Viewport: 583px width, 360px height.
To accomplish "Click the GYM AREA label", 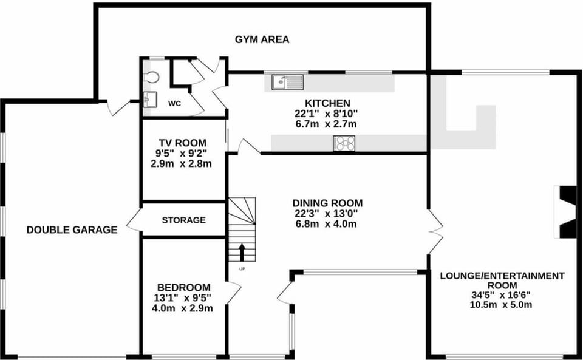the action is [x=262, y=39].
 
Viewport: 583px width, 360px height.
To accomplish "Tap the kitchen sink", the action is [x=287, y=82].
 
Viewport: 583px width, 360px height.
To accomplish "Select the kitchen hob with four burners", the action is [x=344, y=143].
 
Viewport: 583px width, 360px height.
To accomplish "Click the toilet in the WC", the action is [x=151, y=77].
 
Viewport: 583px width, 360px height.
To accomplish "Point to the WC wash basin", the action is [x=150, y=99].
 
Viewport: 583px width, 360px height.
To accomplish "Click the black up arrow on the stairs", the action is [x=242, y=253].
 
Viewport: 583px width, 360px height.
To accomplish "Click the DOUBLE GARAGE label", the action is [x=72, y=229].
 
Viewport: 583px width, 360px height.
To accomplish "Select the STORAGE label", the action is [x=183, y=220].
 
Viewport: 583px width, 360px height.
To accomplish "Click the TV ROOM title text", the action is [x=183, y=143].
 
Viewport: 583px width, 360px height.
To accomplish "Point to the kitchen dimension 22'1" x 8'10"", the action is [x=327, y=114].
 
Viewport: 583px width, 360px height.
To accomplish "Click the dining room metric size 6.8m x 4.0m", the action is [x=327, y=224].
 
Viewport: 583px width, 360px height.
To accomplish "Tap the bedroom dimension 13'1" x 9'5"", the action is [x=183, y=297].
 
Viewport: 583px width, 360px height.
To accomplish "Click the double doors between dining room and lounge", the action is [x=435, y=232].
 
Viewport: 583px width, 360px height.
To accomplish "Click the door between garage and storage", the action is [x=134, y=221].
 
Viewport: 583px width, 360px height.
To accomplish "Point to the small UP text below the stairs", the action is [x=242, y=268].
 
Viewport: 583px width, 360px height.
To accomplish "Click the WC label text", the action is [x=174, y=104].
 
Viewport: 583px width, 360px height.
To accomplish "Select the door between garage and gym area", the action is [x=118, y=107].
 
